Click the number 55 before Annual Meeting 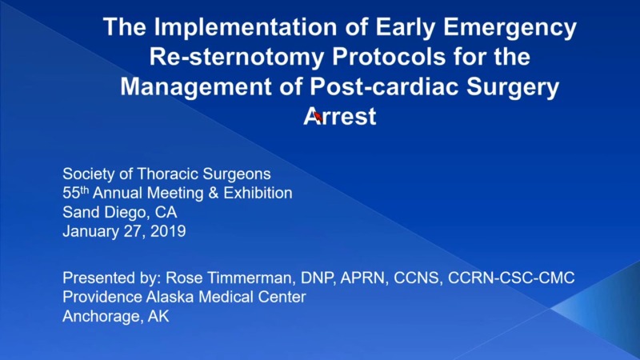tap(70, 194)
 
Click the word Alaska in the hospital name tap(166, 297)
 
